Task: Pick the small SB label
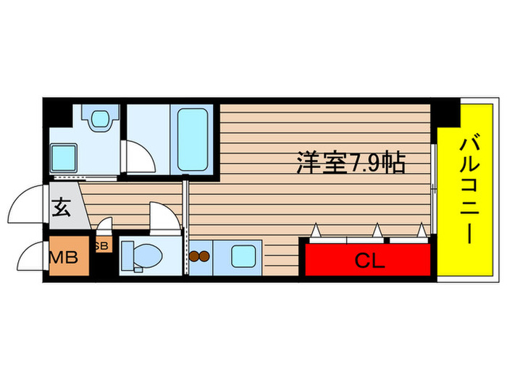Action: pyautogui.click(x=101, y=246)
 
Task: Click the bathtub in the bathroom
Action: pyautogui.click(x=193, y=139)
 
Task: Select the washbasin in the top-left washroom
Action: pyautogui.click(x=99, y=117)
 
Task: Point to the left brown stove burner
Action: pyautogui.click(x=194, y=256)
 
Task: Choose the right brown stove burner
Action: pyautogui.click(x=205, y=256)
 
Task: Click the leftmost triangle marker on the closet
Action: pyautogui.click(x=316, y=231)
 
